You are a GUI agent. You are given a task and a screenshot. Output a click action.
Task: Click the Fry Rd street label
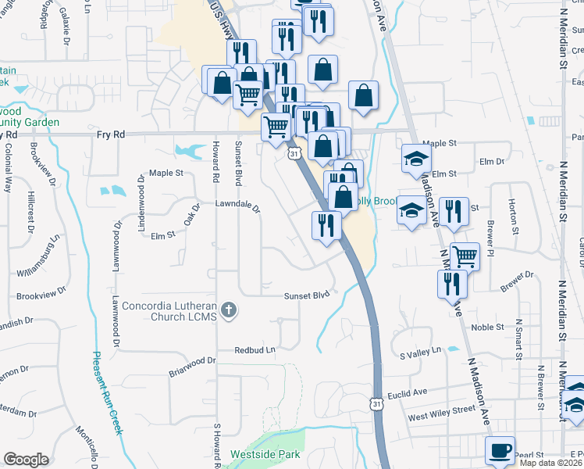(x=111, y=134)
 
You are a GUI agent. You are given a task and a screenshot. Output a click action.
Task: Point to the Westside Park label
(x=256, y=454)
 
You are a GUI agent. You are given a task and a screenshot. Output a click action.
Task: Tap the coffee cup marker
(x=500, y=451)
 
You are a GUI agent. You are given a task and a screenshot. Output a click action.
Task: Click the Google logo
(x=26, y=459)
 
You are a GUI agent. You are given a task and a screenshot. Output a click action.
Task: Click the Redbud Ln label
(x=255, y=351)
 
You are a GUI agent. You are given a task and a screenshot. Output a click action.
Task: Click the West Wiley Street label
(x=441, y=409)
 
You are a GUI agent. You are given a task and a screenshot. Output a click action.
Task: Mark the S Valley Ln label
(x=420, y=354)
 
